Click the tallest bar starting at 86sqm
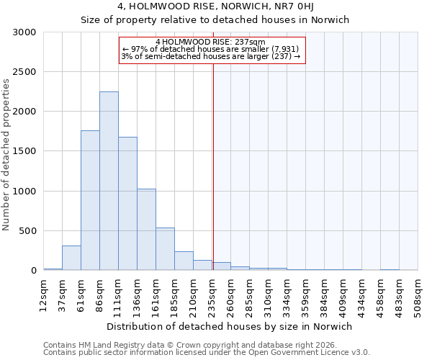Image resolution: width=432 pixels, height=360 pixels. [109, 181]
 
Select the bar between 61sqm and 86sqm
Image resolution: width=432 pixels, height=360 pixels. [90, 200]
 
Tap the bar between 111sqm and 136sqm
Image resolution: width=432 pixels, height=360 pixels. [127, 203]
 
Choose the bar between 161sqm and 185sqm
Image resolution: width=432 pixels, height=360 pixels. [165, 248]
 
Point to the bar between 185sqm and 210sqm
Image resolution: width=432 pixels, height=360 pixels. [184, 261]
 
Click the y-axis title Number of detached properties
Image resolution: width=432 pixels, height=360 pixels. [6, 155]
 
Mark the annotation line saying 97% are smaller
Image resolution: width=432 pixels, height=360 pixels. [210, 49]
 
